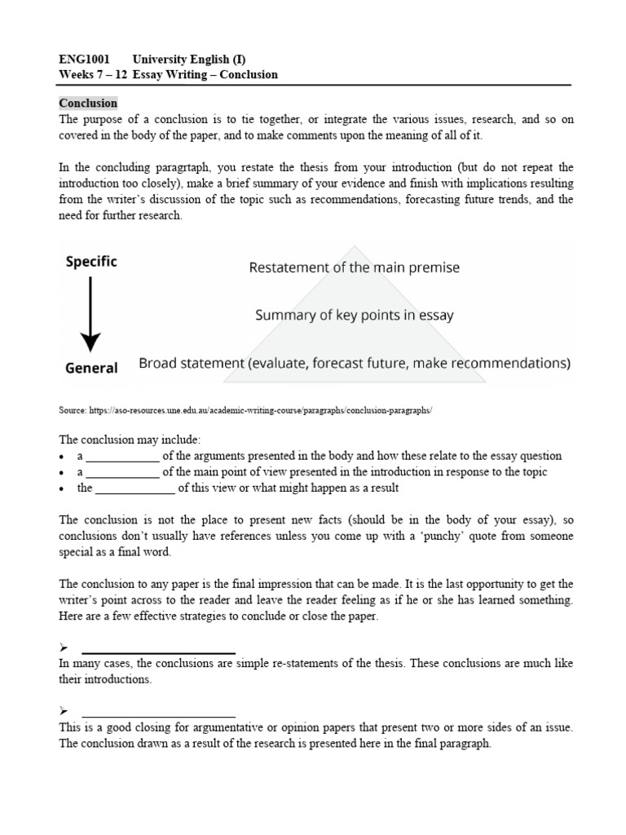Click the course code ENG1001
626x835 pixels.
click(x=85, y=60)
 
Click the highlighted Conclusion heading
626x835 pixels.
click(x=88, y=104)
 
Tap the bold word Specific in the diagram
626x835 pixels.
click(x=90, y=262)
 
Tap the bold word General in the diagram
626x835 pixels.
click(x=91, y=368)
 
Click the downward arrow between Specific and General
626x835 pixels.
click(x=90, y=314)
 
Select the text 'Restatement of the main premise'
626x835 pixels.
click(x=355, y=267)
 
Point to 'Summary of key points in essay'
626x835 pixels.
click(x=355, y=315)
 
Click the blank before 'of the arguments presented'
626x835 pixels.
click(x=122, y=457)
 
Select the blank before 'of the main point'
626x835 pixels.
click(x=122, y=473)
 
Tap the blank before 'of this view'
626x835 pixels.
click(x=134, y=489)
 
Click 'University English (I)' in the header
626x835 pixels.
click(x=194, y=60)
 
